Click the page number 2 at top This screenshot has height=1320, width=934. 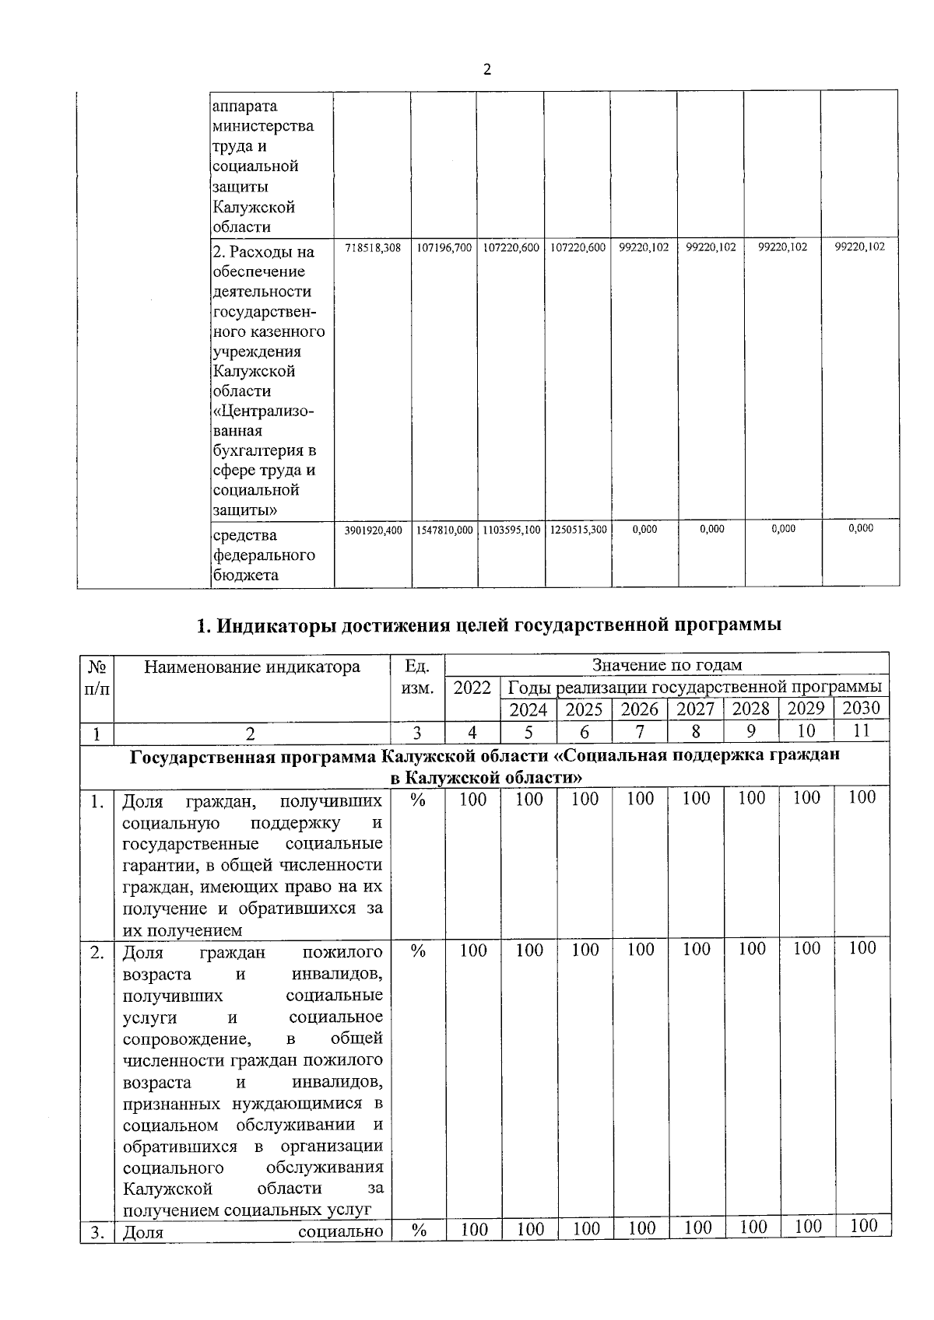coord(487,70)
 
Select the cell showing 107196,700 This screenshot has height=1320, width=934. coord(444,247)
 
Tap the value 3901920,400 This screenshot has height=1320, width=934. coord(373,530)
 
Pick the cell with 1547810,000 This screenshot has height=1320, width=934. coord(444,530)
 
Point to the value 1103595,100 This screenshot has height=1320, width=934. coord(511,530)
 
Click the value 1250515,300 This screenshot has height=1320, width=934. coord(578,530)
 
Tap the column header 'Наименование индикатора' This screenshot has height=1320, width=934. coord(252,667)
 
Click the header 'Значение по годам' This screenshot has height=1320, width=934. coord(666,665)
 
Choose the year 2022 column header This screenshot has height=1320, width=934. coord(472,688)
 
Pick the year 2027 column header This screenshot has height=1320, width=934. coord(695,709)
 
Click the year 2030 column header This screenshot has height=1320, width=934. coord(861,708)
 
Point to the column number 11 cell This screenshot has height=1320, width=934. coord(861,730)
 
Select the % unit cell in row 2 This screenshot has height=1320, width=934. coord(418,951)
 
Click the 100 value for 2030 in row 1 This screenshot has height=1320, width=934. coord(862,797)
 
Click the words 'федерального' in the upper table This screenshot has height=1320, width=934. coord(263,555)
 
